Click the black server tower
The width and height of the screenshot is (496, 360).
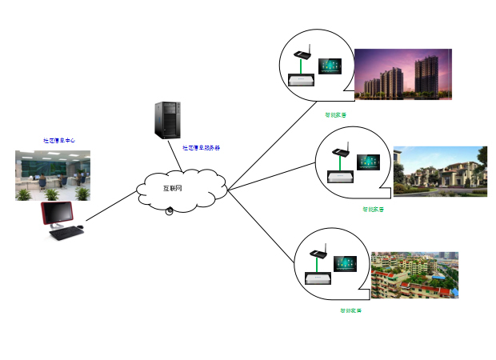tap(167, 120)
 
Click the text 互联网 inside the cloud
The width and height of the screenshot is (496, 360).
tap(173, 189)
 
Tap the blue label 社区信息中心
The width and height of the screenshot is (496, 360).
tap(59, 140)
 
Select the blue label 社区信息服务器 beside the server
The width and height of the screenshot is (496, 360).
tap(202, 147)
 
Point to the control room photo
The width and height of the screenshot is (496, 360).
tap(53, 175)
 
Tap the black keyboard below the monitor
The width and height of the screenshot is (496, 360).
tap(66, 233)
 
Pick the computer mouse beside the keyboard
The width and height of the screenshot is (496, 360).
tap(82, 227)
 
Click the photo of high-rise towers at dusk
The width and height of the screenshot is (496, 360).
tap(403, 74)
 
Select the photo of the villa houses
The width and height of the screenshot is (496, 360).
tap(441, 171)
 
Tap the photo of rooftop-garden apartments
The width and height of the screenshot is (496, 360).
tap(414, 274)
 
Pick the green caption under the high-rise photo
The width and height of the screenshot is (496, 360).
tap(336, 114)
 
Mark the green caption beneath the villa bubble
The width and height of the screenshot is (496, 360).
tap(373, 210)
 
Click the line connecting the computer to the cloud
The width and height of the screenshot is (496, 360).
tap(111, 206)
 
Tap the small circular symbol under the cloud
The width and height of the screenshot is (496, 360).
tap(170, 210)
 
